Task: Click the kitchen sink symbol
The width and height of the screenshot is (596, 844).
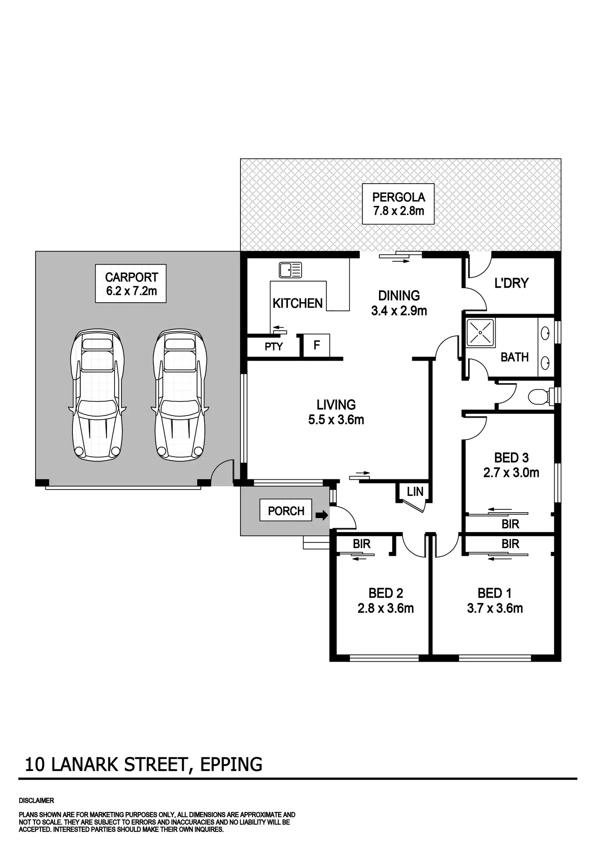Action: [x=290, y=270]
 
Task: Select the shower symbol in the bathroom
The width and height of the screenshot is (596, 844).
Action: [x=480, y=333]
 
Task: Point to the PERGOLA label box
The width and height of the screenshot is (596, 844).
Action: [x=398, y=204]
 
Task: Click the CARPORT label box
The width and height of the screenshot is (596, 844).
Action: [x=131, y=284]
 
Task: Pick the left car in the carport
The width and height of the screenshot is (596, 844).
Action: [x=97, y=395]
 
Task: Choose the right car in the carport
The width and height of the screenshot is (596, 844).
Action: [x=180, y=395]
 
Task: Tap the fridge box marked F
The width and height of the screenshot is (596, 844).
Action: [x=317, y=345]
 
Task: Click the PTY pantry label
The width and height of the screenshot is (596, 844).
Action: [x=274, y=347]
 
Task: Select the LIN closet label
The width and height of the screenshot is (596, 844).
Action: [x=415, y=492]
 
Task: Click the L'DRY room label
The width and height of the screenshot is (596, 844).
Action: [x=511, y=283]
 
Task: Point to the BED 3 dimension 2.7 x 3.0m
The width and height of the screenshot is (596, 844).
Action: [x=511, y=473]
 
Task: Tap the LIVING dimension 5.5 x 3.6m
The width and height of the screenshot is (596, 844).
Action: [x=336, y=420]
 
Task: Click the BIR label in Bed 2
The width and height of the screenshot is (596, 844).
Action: [x=362, y=544]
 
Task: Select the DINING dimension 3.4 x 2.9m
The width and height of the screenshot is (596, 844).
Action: [x=399, y=311]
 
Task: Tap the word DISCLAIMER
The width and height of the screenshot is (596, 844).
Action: [x=36, y=801]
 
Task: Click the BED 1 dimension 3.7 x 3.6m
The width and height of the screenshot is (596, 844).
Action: [x=495, y=608]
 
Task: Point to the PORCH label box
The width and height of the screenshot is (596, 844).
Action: [x=286, y=511]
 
